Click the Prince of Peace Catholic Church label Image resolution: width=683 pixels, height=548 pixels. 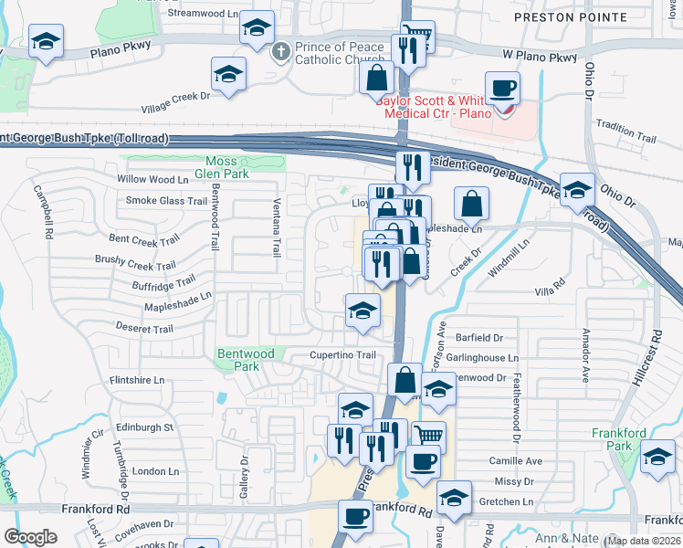[332, 53]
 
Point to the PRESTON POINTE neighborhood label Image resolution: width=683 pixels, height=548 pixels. [571, 17]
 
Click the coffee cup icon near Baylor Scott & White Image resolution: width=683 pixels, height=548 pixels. [502, 90]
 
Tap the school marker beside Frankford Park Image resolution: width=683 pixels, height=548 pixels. [657, 457]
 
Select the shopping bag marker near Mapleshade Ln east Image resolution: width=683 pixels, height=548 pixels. [471, 204]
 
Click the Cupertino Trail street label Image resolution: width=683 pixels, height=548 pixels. [341, 355]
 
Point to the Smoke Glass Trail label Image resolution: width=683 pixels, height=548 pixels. [166, 201]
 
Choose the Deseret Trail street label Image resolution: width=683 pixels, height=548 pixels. [143, 329]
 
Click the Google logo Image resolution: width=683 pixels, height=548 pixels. [29, 537]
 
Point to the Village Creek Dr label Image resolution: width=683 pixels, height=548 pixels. [175, 102]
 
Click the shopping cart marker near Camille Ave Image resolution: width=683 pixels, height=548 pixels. [428, 435]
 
